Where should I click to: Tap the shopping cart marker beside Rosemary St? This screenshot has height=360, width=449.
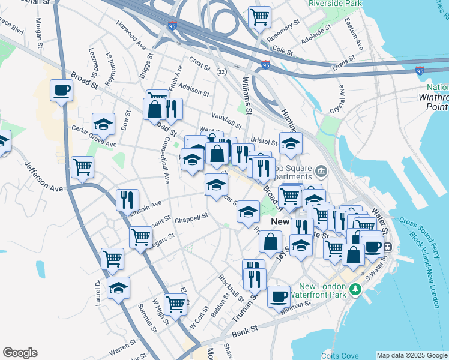pyautogui.click(x=259, y=17)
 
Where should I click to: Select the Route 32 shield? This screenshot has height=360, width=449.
pyautogui.click(x=221, y=71)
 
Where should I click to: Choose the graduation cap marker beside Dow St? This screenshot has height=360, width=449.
pyautogui.click(x=103, y=125)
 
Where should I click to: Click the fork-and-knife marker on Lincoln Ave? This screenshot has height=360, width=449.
pyautogui.click(x=127, y=200)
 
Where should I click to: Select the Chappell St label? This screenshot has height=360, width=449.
pyautogui.click(x=191, y=218)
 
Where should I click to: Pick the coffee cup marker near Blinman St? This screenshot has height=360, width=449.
pyautogui.click(x=279, y=296)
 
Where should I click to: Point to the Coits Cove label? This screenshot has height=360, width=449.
pyautogui.click(x=339, y=354)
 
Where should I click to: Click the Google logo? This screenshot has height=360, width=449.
pyautogui.click(x=20, y=353)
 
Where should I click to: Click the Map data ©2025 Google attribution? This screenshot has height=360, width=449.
pyautogui.click(x=412, y=355)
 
